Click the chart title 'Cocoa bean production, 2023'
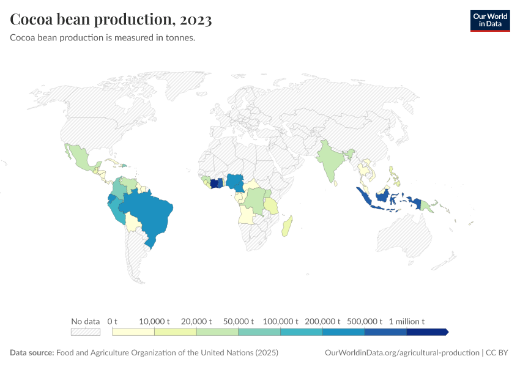pyautogui.click(x=111, y=20)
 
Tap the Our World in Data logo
pyautogui.click(x=489, y=20)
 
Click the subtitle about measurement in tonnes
pyautogui.click(x=103, y=38)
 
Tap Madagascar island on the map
pyautogui.click(x=286, y=225)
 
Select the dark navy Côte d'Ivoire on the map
pyautogui.click(x=214, y=183)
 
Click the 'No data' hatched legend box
pyautogui.click(x=85, y=332)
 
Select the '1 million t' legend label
pyautogui.click(x=407, y=321)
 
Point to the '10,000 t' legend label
pyautogui.click(x=155, y=321)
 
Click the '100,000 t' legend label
pyautogui.click(x=281, y=321)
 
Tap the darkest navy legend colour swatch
pyautogui.click(x=427, y=332)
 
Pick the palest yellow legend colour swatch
pyautogui.click(x=133, y=332)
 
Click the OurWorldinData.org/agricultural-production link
pyautogui.click(x=403, y=353)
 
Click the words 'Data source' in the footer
pyautogui.click(x=32, y=353)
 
